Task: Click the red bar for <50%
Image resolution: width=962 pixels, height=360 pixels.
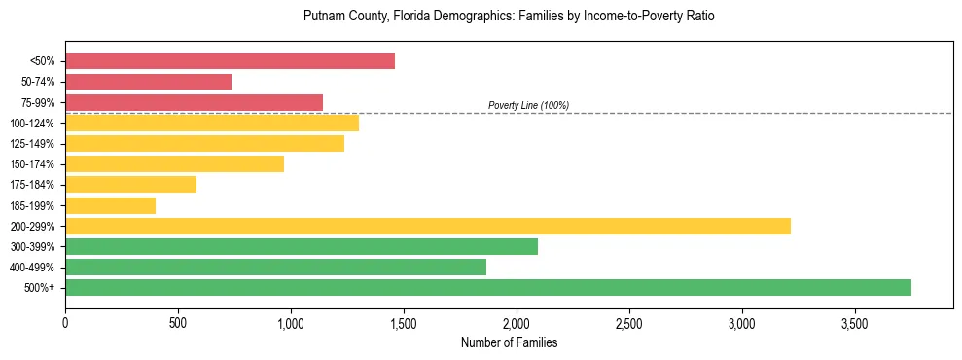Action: (230, 61)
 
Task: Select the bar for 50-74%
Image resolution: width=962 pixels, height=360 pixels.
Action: (148, 82)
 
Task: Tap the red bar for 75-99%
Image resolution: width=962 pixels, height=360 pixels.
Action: (194, 102)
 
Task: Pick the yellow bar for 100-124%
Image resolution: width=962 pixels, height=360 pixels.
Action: (212, 123)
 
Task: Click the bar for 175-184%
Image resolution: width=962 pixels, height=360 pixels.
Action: (130, 184)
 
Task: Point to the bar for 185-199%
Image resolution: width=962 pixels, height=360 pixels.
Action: (110, 205)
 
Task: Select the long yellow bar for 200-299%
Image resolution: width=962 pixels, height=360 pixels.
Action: (428, 226)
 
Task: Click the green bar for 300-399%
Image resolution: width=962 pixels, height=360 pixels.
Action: (302, 246)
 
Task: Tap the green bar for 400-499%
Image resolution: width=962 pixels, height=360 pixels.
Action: (275, 267)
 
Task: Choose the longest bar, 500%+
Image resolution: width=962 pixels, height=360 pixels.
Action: (488, 287)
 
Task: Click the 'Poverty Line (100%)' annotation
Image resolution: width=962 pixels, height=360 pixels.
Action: (528, 105)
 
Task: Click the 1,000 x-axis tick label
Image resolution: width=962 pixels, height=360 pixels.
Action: (291, 322)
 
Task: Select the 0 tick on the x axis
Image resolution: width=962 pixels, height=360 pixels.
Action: (65, 322)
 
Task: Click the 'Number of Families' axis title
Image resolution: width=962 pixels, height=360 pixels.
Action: (509, 342)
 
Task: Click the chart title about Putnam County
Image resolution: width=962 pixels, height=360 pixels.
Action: (509, 17)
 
